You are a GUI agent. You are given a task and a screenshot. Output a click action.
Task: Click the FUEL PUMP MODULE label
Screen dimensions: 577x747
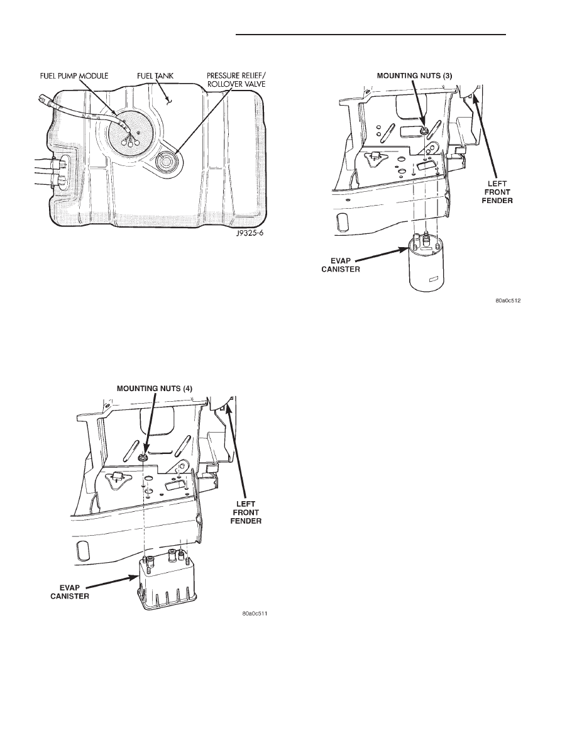pos(74,75)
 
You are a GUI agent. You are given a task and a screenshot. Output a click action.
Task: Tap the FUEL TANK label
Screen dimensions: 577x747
pos(155,75)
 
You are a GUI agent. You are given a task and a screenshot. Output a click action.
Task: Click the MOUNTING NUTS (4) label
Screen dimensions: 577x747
pos(155,389)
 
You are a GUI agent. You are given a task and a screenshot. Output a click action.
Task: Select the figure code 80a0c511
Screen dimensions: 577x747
pos(254,614)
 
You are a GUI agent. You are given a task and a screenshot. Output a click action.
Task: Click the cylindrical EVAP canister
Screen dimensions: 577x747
pos(426,265)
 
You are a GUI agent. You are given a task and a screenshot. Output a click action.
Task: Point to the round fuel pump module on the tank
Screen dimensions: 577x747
pos(129,134)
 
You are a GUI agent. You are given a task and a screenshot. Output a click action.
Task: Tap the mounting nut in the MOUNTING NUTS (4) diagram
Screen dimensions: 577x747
pos(142,458)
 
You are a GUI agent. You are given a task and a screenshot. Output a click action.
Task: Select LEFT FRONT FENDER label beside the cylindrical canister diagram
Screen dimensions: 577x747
pos(498,192)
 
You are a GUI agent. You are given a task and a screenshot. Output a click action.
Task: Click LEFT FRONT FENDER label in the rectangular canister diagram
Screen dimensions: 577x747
pos(246,512)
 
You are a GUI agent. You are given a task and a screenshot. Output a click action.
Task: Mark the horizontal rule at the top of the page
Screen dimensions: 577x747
pos(370,35)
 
